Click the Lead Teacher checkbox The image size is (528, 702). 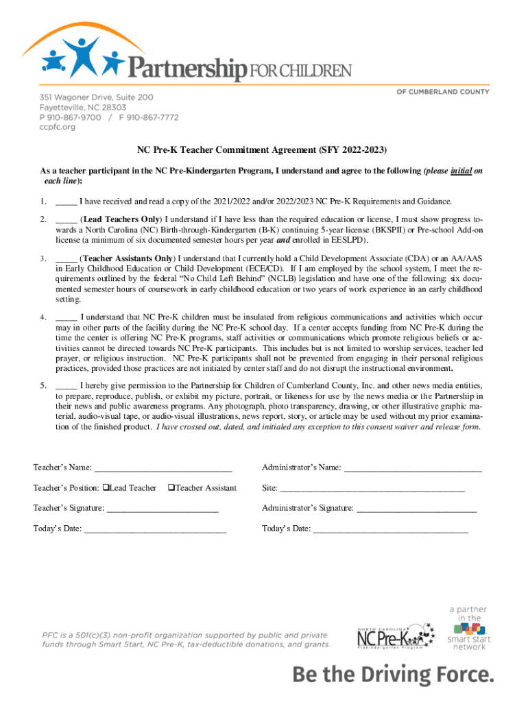(106, 487)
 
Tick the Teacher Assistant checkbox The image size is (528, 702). (171, 487)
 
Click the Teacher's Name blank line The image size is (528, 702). (163, 469)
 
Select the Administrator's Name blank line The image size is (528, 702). (413, 469)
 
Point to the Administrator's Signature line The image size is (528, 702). (416, 509)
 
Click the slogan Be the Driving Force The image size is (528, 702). (393, 675)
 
